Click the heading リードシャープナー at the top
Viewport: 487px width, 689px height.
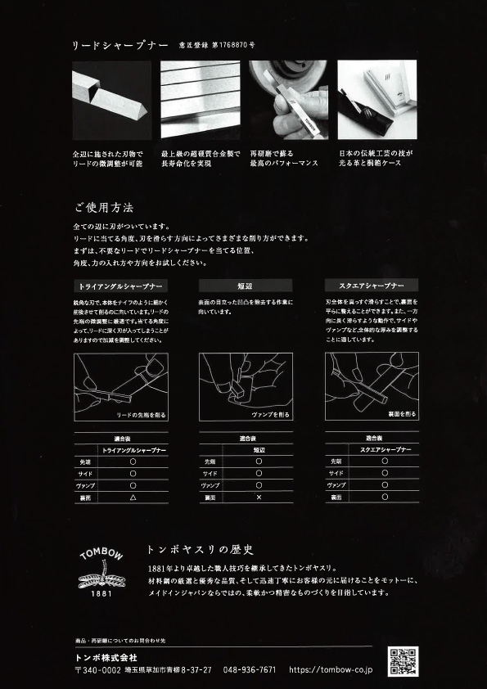pos(120,45)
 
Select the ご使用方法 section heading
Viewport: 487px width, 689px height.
pos(103,209)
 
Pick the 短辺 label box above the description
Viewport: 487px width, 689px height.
pos(246,286)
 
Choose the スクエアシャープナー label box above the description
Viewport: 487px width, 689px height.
pos(372,286)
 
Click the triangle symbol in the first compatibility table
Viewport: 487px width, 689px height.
pos(133,498)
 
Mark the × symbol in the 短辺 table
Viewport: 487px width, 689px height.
pos(259,498)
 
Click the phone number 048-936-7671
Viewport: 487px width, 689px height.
pos(250,669)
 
